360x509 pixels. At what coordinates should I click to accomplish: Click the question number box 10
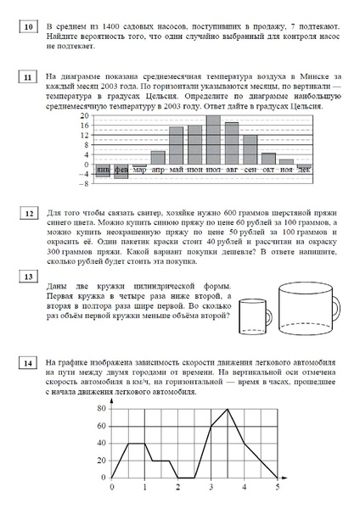point(29,29)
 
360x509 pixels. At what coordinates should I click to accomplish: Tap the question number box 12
point(29,213)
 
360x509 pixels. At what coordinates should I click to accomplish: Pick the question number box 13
point(29,277)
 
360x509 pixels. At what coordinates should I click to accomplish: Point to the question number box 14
point(29,363)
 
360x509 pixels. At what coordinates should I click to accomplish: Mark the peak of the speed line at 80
point(228,409)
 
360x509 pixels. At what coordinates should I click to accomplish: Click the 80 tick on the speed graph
point(99,409)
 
